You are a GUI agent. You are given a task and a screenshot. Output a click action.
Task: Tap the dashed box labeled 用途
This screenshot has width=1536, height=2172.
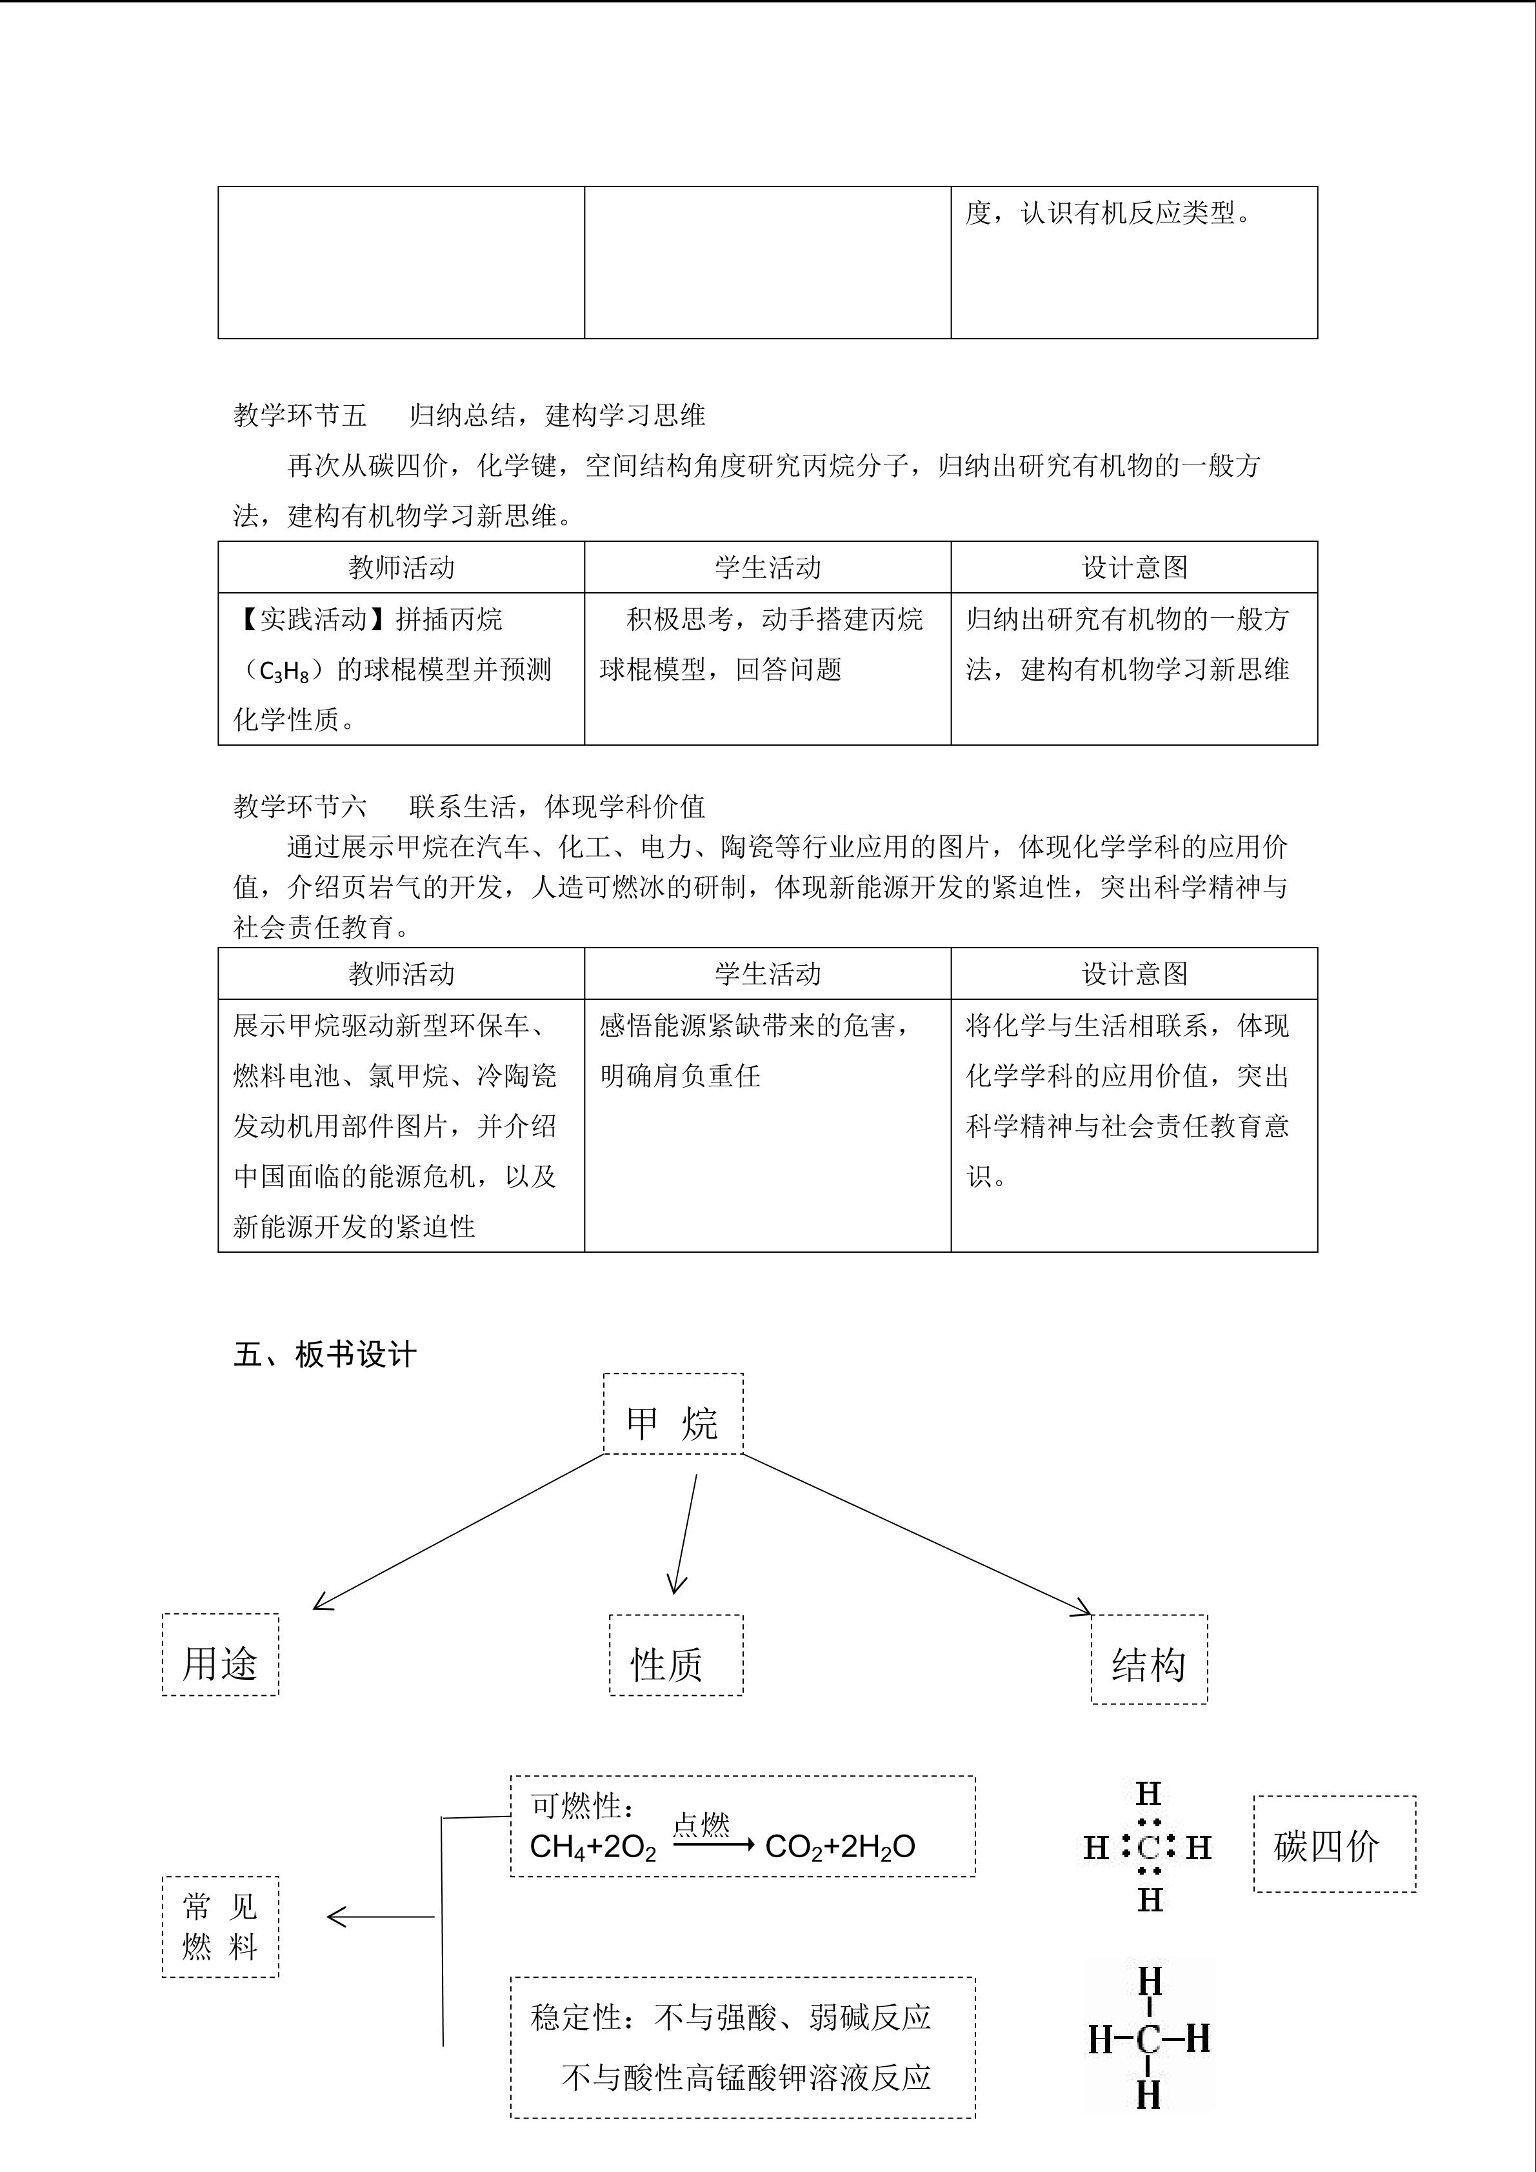coord(221,1663)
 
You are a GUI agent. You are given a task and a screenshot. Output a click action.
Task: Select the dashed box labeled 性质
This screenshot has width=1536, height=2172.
coord(675,1663)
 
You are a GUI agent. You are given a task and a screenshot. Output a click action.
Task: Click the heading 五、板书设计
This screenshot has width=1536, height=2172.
coord(324,1355)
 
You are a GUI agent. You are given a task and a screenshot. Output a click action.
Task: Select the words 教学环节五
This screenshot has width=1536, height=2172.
coord(300,415)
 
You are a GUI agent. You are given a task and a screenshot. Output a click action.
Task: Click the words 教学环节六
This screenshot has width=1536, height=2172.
coord(300,806)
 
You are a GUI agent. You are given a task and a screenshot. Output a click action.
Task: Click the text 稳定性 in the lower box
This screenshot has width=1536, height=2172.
coord(577,2017)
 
